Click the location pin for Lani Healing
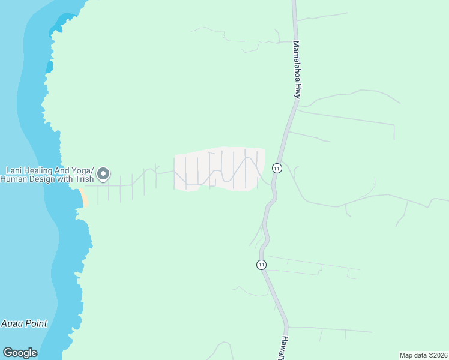(103, 173)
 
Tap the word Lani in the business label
(14, 170)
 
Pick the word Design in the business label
(44, 179)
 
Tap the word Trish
(85, 179)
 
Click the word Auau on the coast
(12, 323)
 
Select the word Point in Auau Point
(35, 323)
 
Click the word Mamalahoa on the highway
(296, 61)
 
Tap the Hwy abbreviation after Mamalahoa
(296, 91)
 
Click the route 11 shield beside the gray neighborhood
(277, 168)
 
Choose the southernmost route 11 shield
(261, 265)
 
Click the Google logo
(20, 353)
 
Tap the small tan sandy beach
(83, 198)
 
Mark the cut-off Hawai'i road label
(281, 349)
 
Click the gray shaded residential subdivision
(219, 169)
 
